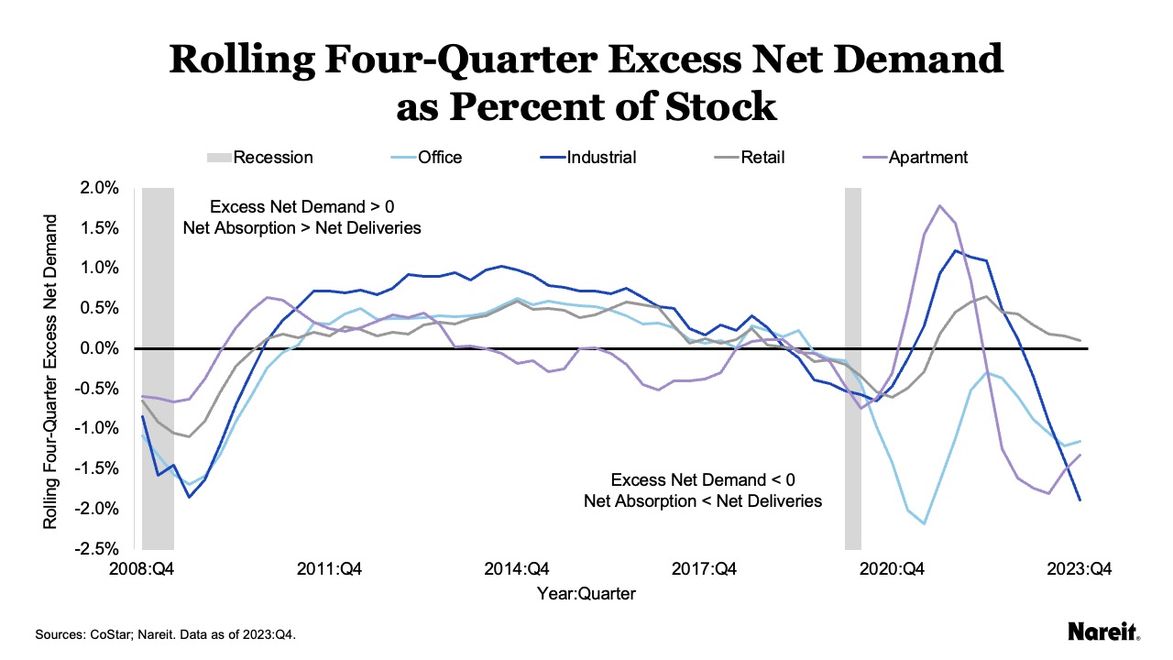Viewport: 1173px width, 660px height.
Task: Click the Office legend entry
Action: click(440, 158)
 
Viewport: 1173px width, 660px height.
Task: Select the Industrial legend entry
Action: click(601, 158)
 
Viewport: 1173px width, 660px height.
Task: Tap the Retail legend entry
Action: click(762, 158)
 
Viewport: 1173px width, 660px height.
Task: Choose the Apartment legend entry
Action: click(928, 158)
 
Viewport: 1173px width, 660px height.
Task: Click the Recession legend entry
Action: click(273, 158)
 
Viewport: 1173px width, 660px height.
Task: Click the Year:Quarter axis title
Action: click(586, 593)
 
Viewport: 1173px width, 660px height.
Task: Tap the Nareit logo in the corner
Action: click(1103, 632)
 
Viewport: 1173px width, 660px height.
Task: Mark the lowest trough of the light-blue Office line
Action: click(924, 523)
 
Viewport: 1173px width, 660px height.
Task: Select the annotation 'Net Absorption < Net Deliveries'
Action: click(703, 501)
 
